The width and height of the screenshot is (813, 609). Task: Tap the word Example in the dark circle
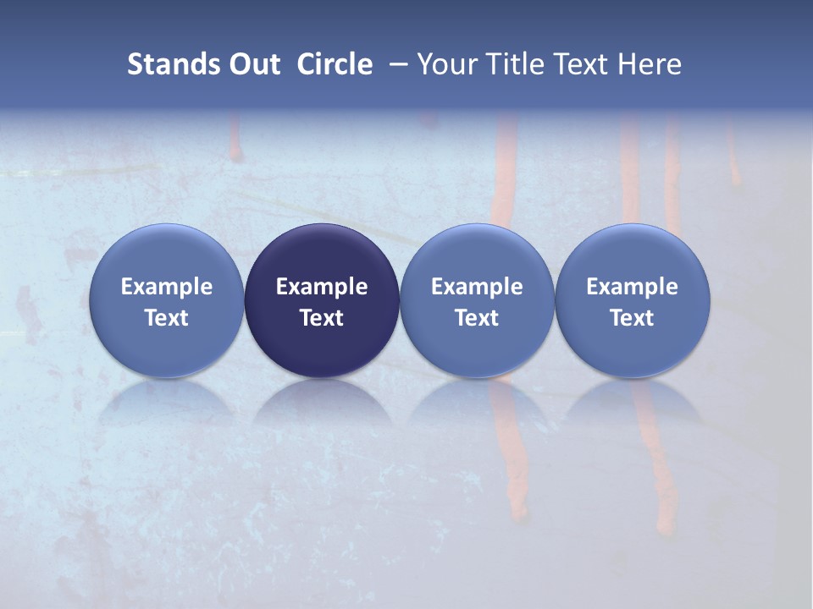(x=322, y=287)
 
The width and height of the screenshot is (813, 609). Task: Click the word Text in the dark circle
(x=322, y=318)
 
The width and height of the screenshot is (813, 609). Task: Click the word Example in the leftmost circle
(x=167, y=287)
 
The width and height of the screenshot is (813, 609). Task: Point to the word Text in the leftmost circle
(x=167, y=318)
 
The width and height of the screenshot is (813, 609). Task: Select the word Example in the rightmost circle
(x=632, y=287)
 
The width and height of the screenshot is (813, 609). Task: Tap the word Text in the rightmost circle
(x=632, y=318)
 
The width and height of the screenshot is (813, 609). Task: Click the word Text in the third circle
(x=477, y=318)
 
